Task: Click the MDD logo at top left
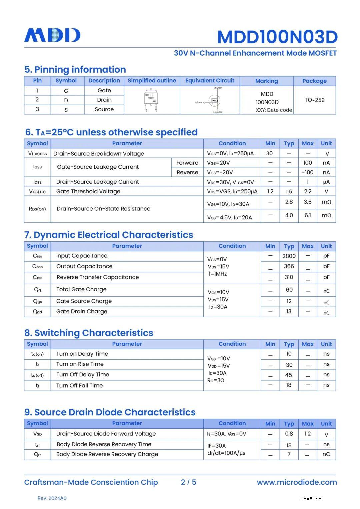tap(52, 35)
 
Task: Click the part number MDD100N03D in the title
tap(277, 37)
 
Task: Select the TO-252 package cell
tap(314, 100)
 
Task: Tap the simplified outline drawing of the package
tap(151, 100)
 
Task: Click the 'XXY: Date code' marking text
tap(274, 110)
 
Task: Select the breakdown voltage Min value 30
tap(269, 153)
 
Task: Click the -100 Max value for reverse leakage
tap(307, 172)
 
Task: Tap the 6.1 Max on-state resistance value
tap(307, 215)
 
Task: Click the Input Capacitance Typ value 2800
tap(289, 256)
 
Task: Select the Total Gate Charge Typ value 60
tap(289, 290)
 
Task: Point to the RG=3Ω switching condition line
tap(216, 380)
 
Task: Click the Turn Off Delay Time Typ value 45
tap(289, 375)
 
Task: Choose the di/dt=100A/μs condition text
tap(226, 453)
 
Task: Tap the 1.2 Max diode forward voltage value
tap(307, 434)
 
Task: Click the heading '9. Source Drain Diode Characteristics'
tap(110, 412)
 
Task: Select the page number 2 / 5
tap(188, 482)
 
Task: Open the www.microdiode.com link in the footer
tap(297, 482)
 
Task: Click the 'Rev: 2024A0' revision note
tap(52, 498)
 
